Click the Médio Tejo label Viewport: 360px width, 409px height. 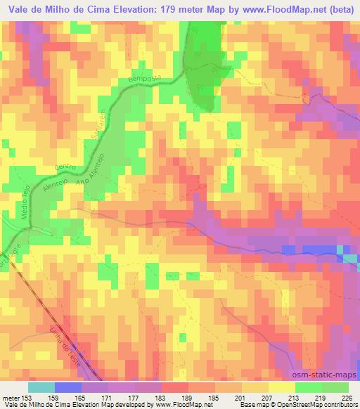coord(29,211)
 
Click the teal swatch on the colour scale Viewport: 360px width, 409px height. coord(41,387)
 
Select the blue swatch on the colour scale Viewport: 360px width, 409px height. coord(68,387)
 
